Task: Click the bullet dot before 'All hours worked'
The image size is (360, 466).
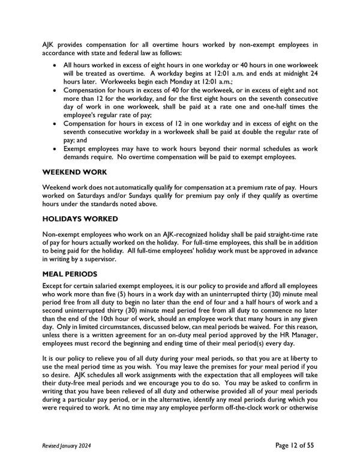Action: [56, 64]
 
